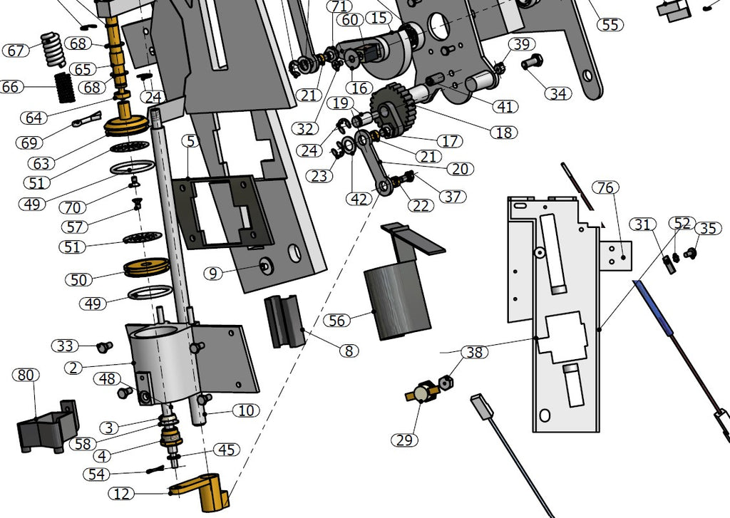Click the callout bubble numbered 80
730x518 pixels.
pyautogui.click(x=26, y=375)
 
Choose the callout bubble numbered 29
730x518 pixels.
pyautogui.click(x=404, y=440)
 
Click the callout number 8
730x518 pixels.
pyautogui.click(x=349, y=351)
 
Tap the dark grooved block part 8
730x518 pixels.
pyautogui.click(x=284, y=321)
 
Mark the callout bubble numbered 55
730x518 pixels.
pyautogui.click(x=610, y=24)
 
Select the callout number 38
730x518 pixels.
pyautogui.click(x=473, y=352)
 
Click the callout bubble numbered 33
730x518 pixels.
pyautogui.click(x=65, y=346)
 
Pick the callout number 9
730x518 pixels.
pyautogui.click(x=212, y=273)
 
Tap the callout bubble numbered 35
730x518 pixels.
pyautogui.click(x=707, y=229)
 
